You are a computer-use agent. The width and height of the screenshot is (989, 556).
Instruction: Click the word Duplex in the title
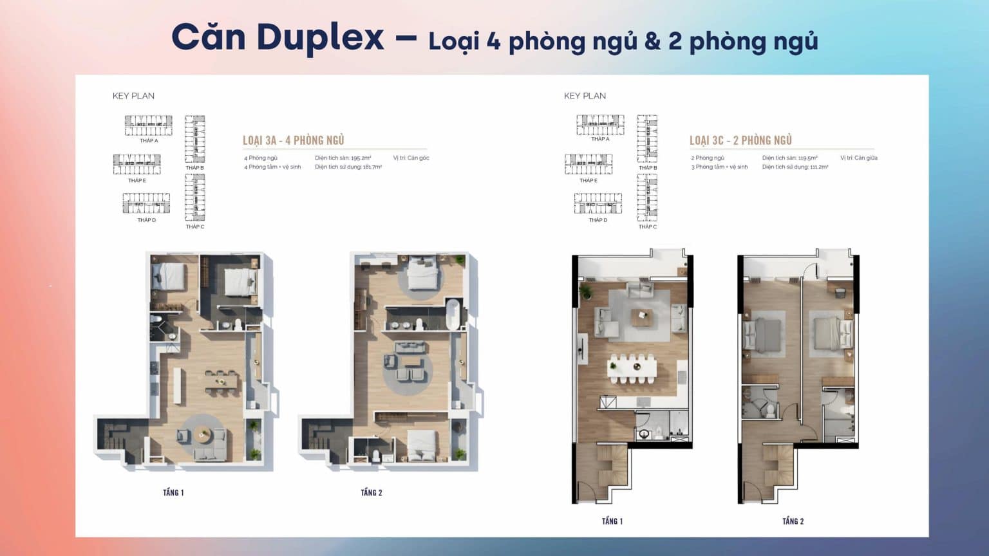click(320, 37)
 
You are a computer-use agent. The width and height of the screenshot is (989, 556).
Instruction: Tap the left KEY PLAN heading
click(133, 96)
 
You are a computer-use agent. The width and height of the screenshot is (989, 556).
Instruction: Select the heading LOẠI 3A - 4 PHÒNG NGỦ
click(293, 140)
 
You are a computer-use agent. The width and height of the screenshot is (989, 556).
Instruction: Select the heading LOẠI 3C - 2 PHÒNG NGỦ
click(740, 140)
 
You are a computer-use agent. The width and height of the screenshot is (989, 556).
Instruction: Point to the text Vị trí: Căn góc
click(411, 158)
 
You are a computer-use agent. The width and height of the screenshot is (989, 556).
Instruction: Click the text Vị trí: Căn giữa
click(858, 158)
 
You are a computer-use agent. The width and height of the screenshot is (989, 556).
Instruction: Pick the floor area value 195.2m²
click(361, 158)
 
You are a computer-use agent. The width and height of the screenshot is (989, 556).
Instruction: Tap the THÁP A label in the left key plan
click(149, 140)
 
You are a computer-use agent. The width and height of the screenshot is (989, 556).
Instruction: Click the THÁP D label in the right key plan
click(598, 220)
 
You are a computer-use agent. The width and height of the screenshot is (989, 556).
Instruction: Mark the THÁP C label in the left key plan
click(195, 227)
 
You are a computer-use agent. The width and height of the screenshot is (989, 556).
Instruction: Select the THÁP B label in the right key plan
click(648, 168)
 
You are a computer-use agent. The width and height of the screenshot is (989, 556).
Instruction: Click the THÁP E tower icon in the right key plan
click(589, 164)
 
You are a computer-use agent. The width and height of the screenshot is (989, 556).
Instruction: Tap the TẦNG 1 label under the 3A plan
click(173, 493)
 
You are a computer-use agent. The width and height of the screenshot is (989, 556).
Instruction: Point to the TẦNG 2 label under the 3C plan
click(793, 521)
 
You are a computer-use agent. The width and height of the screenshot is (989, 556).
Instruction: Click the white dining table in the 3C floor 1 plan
click(632, 368)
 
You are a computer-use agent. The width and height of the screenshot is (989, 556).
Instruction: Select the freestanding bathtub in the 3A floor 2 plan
click(453, 314)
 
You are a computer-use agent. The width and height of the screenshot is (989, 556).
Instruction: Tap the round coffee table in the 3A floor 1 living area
click(203, 434)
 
